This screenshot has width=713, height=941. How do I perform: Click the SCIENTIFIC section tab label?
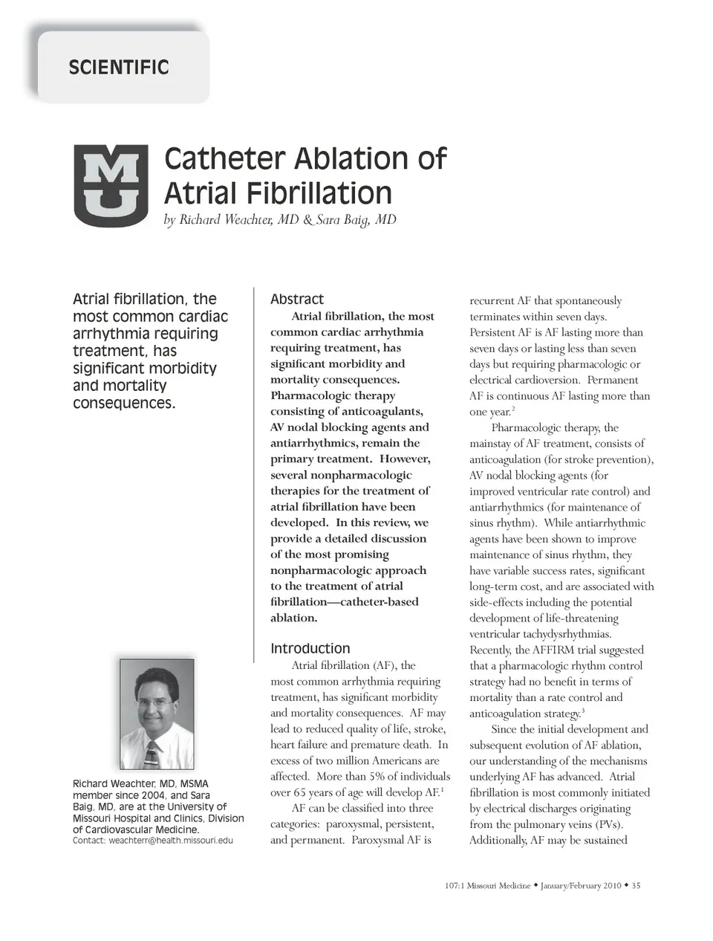pyautogui.click(x=119, y=68)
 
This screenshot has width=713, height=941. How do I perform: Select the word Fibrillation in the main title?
pyautogui.click(x=319, y=193)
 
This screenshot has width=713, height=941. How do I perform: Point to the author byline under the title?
pyautogui.click(x=279, y=219)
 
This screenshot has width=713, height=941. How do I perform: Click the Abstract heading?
pyautogui.click(x=296, y=299)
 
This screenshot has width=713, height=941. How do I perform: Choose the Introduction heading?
pyautogui.click(x=310, y=648)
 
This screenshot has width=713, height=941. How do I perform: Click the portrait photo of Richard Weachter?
pyautogui.click(x=157, y=714)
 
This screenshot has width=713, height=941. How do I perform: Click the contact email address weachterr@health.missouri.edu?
pyautogui.click(x=171, y=840)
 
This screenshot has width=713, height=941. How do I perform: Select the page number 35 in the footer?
pyautogui.click(x=636, y=885)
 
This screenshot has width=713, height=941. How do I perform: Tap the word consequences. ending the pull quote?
pyautogui.click(x=124, y=403)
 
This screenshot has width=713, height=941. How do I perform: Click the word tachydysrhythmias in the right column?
pyautogui.click(x=562, y=634)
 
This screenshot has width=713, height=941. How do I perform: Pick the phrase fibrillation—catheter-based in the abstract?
pyautogui.click(x=344, y=601)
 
